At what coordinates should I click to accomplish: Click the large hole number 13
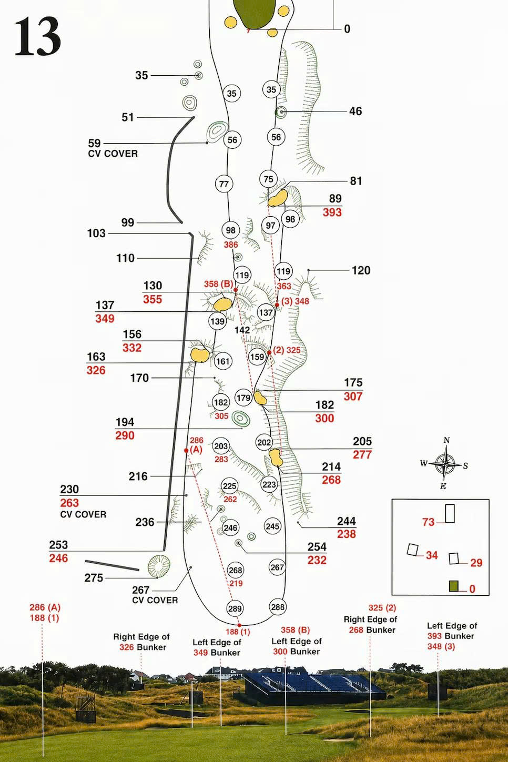pyautogui.click(x=38, y=37)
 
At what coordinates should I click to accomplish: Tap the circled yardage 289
pyautogui.click(x=235, y=608)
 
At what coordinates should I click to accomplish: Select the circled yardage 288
pyautogui.click(x=278, y=607)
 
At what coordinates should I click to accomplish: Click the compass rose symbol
pyautogui.click(x=445, y=463)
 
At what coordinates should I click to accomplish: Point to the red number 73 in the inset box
pyautogui.click(x=429, y=522)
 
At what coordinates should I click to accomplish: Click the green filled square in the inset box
pyautogui.click(x=453, y=586)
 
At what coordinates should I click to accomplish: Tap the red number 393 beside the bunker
pyautogui.click(x=332, y=212)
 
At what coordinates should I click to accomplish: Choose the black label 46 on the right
pyautogui.click(x=355, y=111)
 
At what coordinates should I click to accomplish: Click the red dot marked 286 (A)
pyautogui.click(x=186, y=450)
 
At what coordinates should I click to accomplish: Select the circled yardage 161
pyautogui.click(x=223, y=361)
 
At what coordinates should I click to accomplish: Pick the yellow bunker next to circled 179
pyautogui.click(x=260, y=398)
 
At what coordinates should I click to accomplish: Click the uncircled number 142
pyautogui.click(x=242, y=330)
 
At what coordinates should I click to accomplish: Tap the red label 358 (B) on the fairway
pyautogui.click(x=218, y=284)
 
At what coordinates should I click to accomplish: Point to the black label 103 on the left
pyautogui.click(x=96, y=233)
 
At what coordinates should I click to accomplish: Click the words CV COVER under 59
pyautogui.click(x=113, y=154)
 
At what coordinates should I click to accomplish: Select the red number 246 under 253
pyautogui.click(x=58, y=558)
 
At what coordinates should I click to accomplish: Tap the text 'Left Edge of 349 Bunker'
pyautogui.click(x=217, y=647)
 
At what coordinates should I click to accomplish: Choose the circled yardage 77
pyautogui.click(x=223, y=184)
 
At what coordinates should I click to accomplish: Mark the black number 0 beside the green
pyautogui.click(x=347, y=29)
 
